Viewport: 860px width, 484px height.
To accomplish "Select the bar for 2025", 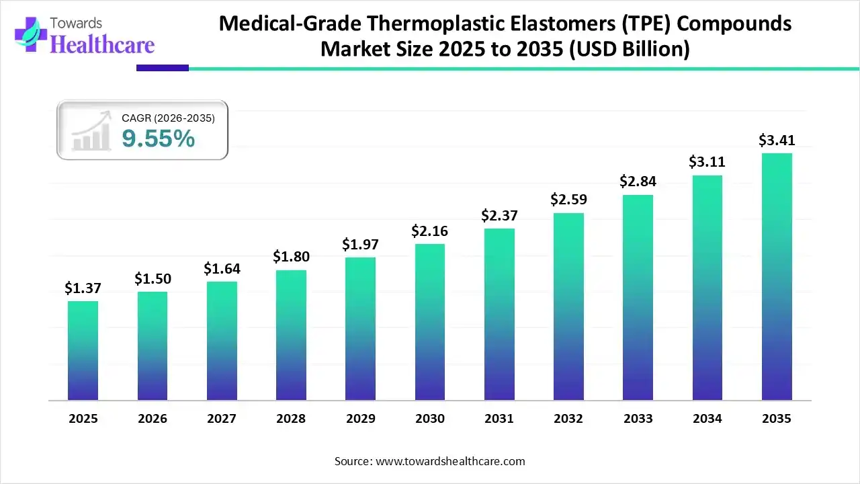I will click(x=83, y=350).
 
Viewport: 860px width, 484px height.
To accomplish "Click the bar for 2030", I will click(x=430, y=322).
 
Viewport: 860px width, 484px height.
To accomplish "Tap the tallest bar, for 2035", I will click(x=777, y=276).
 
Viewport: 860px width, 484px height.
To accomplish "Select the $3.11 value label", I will click(x=706, y=162).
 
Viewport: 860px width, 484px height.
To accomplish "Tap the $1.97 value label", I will click(x=360, y=244).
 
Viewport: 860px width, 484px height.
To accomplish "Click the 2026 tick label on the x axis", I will click(x=153, y=419).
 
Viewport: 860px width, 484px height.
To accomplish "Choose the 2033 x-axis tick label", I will click(x=638, y=419).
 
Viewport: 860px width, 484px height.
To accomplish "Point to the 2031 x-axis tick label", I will click(x=499, y=419).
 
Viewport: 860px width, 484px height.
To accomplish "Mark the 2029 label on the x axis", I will click(x=360, y=419).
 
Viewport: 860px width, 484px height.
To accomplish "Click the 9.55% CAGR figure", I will click(x=159, y=139).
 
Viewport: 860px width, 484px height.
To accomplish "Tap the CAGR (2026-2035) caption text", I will click(x=168, y=118).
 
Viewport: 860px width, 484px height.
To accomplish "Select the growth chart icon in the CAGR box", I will click(x=91, y=132).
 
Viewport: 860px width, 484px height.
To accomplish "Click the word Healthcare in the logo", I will click(x=102, y=44).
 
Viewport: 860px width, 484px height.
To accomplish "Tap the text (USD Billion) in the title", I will click(x=630, y=50).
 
